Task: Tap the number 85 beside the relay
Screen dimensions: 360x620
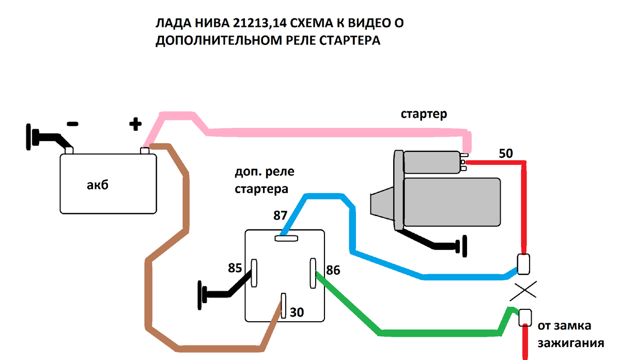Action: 235,269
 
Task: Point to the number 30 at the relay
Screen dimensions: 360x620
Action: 297,312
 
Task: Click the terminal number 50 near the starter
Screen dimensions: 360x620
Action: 506,153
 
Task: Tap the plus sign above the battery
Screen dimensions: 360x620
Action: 134,123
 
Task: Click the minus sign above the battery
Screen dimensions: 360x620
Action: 72,124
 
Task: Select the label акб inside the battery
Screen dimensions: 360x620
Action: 98,185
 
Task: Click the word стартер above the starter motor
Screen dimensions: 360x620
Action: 424,115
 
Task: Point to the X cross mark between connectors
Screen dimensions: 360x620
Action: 523,291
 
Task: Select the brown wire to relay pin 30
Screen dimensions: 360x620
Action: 150,289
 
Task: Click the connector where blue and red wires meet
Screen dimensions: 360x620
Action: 523,264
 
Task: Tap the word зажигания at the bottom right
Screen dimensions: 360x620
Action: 571,343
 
